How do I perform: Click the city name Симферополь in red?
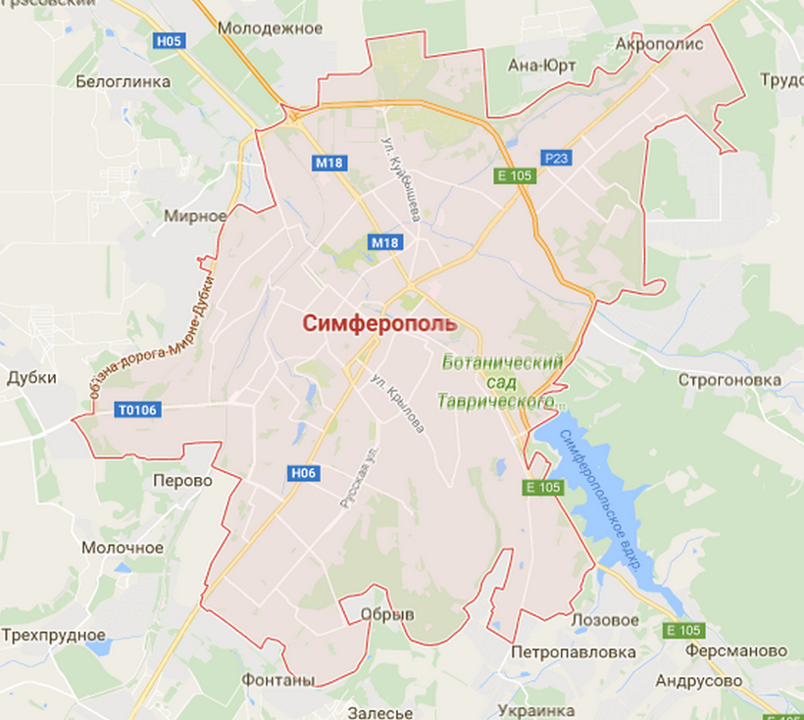coord(378,324)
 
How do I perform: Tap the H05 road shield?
coord(169,40)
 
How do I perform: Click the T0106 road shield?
coord(136,409)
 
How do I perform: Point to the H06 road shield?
coord(304,473)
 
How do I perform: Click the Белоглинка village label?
coord(123,81)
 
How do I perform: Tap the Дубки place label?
coord(32,377)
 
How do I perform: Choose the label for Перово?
coord(182,481)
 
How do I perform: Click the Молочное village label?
coord(123,547)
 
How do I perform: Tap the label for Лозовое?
coord(605,620)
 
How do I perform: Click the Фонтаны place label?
coord(279,680)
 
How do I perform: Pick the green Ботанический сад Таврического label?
coord(502,382)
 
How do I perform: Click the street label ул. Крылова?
coord(399,404)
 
